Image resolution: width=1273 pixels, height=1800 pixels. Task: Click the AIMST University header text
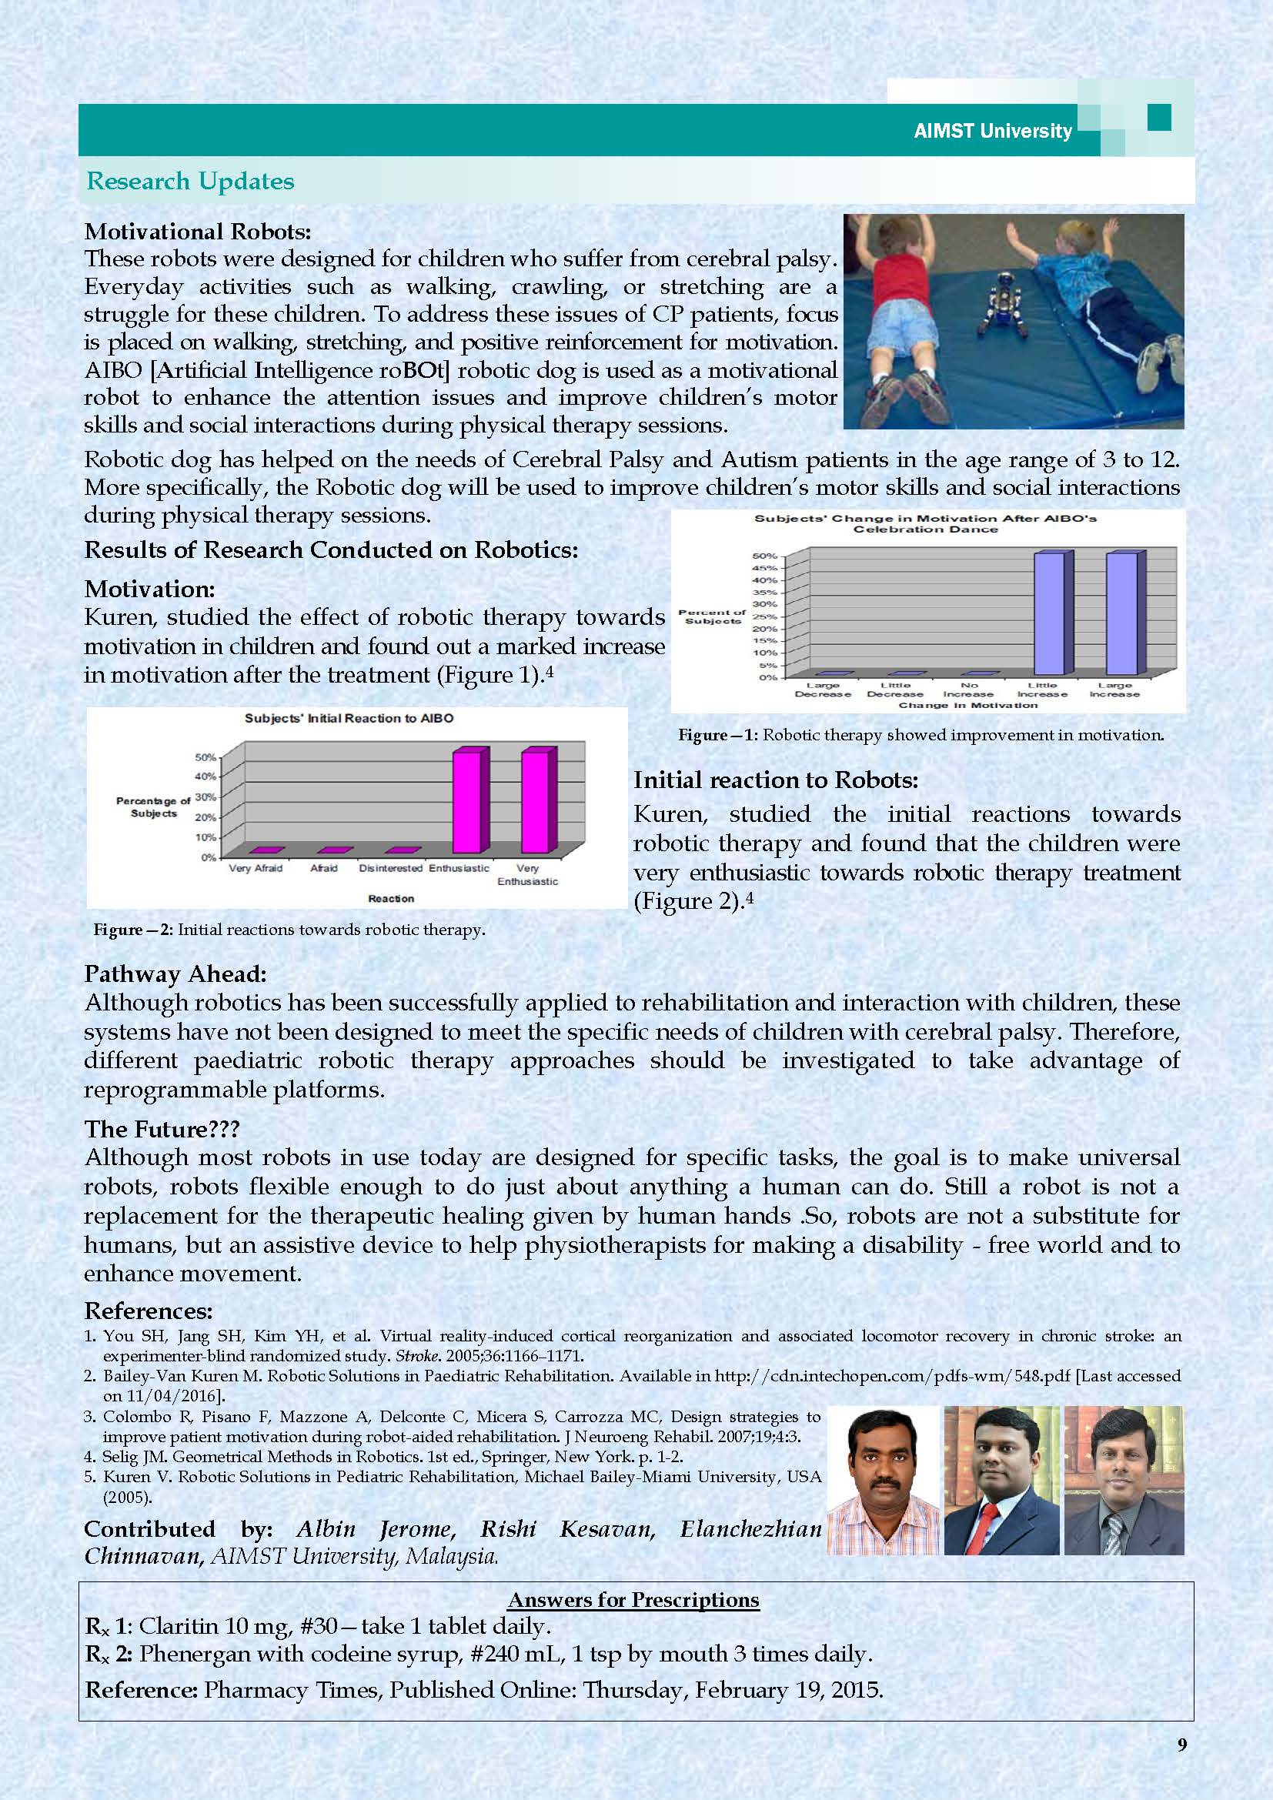click(992, 131)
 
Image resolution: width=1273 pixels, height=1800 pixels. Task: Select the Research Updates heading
click(189, 181)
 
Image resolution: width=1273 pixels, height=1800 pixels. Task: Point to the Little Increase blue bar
click(1049, 613)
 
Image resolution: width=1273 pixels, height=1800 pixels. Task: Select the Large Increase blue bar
click(1121, 613)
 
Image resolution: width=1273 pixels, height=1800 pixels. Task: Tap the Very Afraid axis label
click(256, 868)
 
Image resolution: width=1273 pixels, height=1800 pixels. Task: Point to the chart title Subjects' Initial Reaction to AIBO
click(349, 718)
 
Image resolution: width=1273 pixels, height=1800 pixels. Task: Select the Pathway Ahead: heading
click(175, 973)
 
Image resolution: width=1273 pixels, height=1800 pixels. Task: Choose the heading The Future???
click(162, 1129)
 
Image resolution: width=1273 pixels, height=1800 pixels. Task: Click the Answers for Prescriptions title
click(633, 1599)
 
